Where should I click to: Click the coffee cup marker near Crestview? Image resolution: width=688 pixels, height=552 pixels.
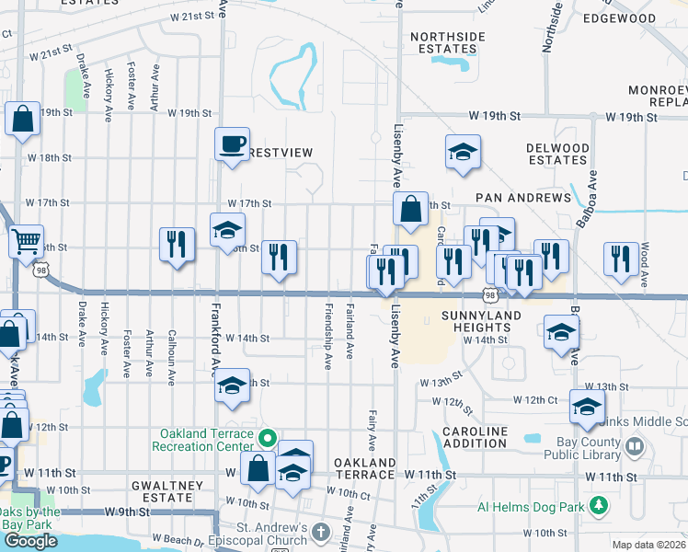[232, 144]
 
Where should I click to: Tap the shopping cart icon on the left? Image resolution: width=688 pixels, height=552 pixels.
[26, 242]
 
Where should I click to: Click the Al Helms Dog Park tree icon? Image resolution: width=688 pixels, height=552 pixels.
[599, 505]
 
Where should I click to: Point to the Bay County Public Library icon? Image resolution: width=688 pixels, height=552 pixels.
[635, 447]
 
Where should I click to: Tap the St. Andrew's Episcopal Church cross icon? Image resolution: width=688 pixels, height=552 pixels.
[319, 533]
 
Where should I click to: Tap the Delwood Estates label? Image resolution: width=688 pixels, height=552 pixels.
[556, 154]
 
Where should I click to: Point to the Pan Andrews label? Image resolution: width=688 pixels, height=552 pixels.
[523, 198]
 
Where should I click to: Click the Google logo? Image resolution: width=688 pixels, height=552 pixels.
[30, 541]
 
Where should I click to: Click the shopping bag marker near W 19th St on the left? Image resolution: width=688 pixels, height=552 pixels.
[22, 119]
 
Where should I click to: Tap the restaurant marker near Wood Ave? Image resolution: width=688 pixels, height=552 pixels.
[621, 259]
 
